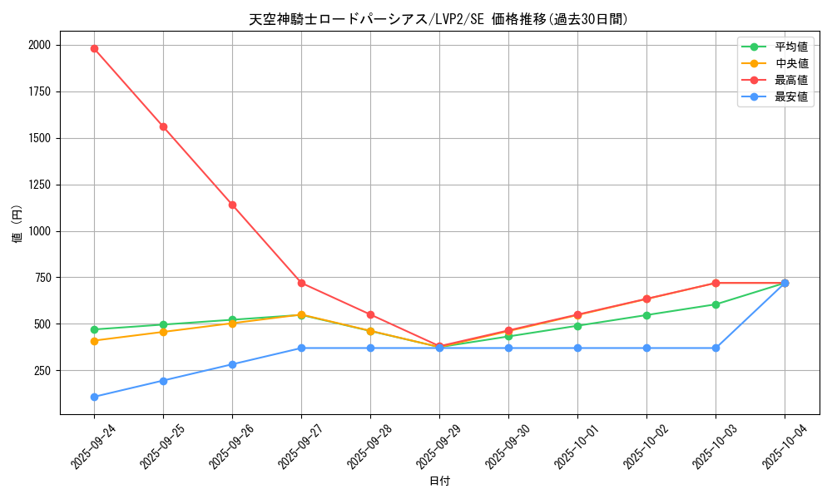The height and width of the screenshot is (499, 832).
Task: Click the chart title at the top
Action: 438,19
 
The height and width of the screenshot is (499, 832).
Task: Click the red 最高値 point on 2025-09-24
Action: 94,48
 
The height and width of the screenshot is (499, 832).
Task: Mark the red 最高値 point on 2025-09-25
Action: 163,126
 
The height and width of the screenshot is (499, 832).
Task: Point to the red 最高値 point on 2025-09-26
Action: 232,205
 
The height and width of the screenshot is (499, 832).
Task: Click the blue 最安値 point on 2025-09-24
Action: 94,397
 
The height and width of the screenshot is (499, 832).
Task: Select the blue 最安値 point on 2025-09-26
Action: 232,364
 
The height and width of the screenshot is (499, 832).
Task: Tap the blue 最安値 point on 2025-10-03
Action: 716,348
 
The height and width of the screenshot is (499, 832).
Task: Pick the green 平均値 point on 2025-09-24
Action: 94,329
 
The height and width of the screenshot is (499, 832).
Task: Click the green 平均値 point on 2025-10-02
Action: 646,315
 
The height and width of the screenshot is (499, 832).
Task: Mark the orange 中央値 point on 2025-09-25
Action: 163,332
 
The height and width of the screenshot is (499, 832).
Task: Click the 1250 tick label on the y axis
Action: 38,185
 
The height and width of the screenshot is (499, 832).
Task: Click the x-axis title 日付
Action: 438,482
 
